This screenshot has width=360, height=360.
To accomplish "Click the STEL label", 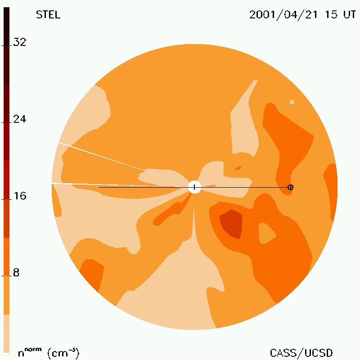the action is (48, 15).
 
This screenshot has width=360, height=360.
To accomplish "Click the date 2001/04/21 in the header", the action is (283, 15).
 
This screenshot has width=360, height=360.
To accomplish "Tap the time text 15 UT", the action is (340, 15).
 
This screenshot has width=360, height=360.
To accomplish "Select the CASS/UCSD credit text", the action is (301, 353).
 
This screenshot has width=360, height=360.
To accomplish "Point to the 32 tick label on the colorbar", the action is (20, 42).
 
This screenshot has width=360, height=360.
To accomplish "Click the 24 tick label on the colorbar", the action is (20, 119).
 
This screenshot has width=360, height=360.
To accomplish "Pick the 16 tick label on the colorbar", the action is (20, 196).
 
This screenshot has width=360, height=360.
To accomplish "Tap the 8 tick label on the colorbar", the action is (16, 273).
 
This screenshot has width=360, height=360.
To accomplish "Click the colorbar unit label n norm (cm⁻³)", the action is (48, 353).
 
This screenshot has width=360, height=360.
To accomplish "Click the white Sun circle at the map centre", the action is (194, 187).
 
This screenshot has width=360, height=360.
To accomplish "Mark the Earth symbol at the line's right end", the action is (290, 187).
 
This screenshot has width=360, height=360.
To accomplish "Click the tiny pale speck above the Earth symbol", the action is (292, 102).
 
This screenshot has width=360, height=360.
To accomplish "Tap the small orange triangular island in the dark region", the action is (266, 233).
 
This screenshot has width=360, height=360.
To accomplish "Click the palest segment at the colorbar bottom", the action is (6, 333).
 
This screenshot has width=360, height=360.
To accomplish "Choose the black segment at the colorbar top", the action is (6, 27).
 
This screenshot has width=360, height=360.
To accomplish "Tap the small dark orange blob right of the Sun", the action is (238, 168).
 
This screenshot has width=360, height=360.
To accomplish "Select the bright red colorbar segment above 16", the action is (6, 180).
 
